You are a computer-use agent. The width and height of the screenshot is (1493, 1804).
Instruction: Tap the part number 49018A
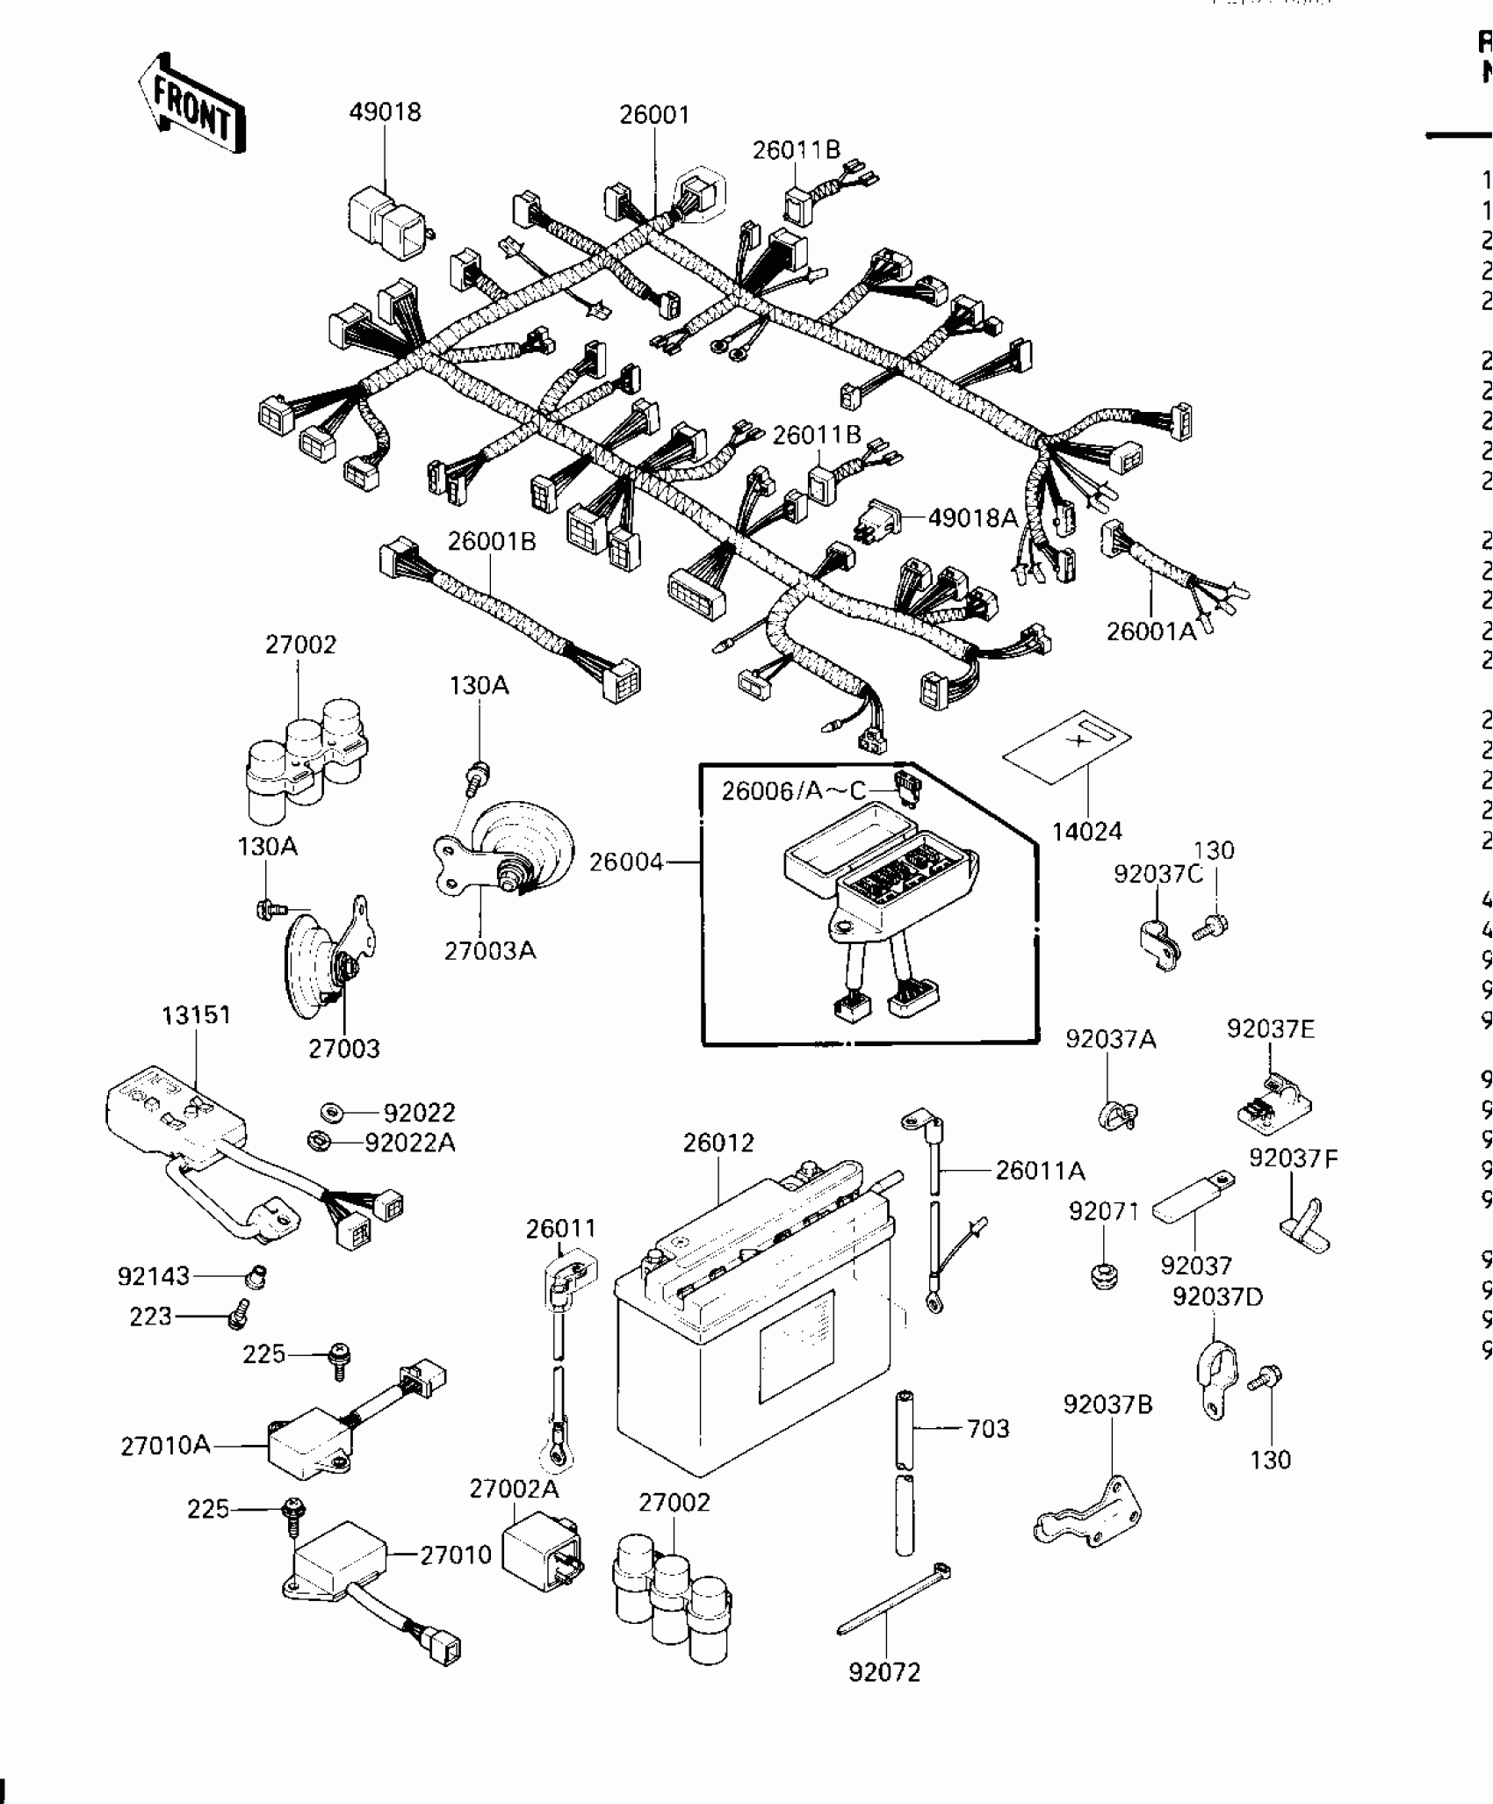[972, 518]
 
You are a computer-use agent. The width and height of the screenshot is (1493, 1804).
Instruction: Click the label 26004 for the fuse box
[626, 862]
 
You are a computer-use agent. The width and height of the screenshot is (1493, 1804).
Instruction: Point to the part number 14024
[1087, 831]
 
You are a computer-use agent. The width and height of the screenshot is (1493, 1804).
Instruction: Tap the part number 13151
[196, 1015]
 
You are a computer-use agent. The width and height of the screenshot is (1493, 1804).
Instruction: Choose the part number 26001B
[491, 541]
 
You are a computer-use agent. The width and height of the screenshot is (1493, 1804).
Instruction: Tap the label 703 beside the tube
[988, 1429]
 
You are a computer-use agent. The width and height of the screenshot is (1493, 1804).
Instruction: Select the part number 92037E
[1271, 1028]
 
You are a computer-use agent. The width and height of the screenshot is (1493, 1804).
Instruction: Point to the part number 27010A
[165, 1446]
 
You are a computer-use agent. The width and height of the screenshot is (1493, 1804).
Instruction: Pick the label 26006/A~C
[794, 791]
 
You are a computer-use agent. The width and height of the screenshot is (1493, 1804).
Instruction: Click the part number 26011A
[1040, 1171]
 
